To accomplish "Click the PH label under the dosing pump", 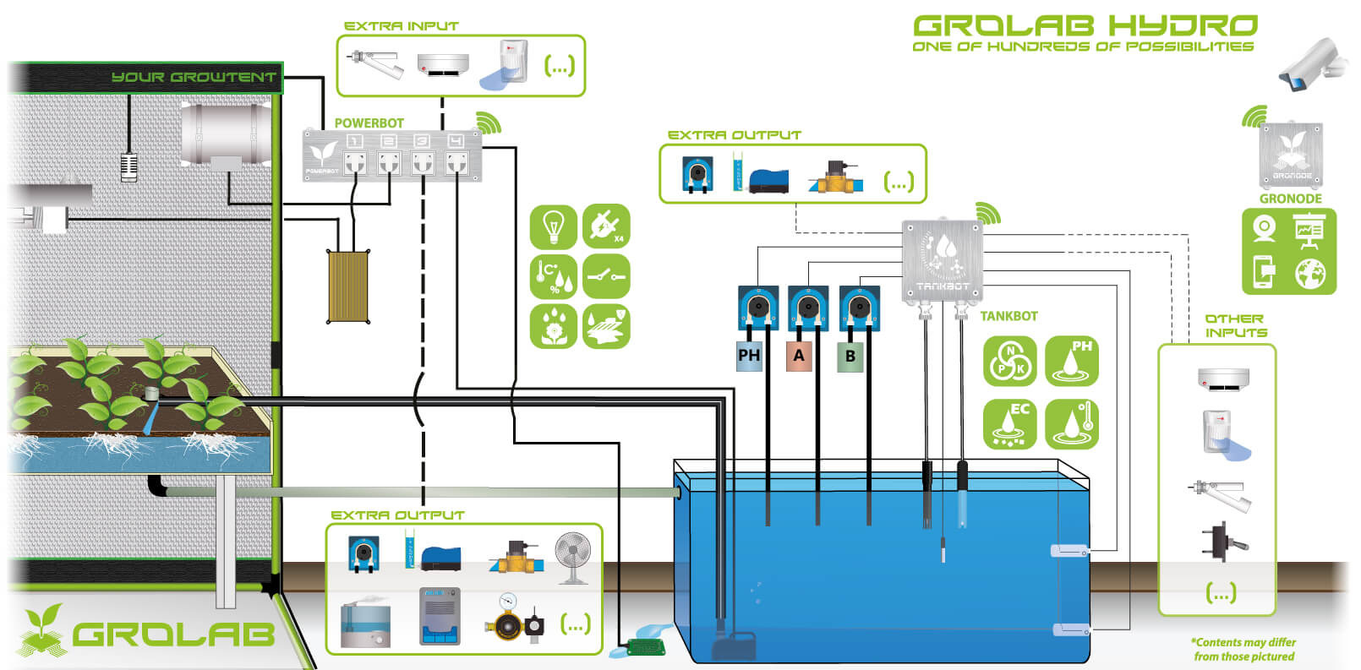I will (749, 356).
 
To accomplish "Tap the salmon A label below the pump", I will (799, 356).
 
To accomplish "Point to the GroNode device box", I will (1291, 155).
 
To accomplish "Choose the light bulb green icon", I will (554, 226).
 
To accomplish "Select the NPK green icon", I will (1009, 361).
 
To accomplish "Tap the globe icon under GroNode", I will (1310, 273).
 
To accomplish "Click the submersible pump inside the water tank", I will (733, 645).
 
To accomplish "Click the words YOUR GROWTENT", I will (194, 77).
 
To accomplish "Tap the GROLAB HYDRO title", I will (1085, 25).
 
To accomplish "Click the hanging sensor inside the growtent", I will (129, 166).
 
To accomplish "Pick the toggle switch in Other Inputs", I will (1220, 542).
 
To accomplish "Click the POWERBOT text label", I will (369, 123).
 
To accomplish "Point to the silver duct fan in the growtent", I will (224, 133).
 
